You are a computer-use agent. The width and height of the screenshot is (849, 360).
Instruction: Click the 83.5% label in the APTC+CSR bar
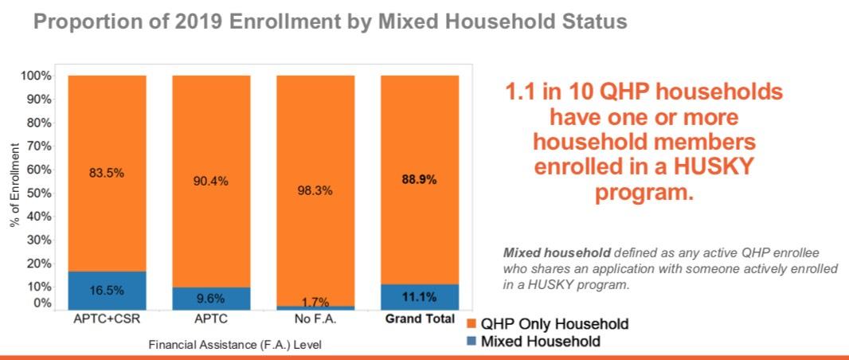click(x=108, y=173)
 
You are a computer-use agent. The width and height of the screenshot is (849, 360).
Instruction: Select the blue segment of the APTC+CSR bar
click(x=108, y=291)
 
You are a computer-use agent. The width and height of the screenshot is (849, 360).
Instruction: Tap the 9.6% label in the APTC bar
click(x=211, y=299)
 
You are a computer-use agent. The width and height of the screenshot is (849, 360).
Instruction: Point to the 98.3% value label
click(x=315, y=191)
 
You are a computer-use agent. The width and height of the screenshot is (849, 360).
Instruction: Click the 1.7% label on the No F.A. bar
click(x=315, y=303)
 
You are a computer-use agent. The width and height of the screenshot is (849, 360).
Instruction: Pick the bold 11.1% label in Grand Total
click(x=420, y=297)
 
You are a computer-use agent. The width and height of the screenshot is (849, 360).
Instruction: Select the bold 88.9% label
click(x=420, y=180)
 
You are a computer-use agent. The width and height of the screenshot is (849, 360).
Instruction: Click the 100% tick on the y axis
click(x=36, y=76)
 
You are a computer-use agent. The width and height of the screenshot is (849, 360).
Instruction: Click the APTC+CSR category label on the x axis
click(x=108, y=319)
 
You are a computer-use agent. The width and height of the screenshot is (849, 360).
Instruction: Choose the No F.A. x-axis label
click(x=315, y=319)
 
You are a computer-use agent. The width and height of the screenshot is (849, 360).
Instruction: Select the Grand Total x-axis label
click(x=420, y=319)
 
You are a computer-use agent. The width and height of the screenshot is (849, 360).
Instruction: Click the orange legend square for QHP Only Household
click(x=471, y=324)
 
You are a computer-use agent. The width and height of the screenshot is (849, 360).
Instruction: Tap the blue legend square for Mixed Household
click(x=471, y=342)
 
